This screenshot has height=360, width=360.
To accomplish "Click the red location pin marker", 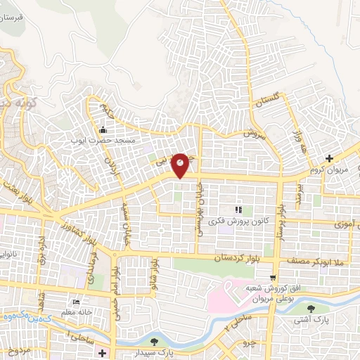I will coord(181,165).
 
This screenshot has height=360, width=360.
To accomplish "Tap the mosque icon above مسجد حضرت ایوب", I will coord(103,129).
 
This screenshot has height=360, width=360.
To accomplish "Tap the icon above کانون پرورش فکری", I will coord(239,210).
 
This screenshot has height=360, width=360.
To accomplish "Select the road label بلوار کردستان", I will coord(244,260).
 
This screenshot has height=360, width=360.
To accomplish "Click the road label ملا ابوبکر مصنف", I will coord(313,261).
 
